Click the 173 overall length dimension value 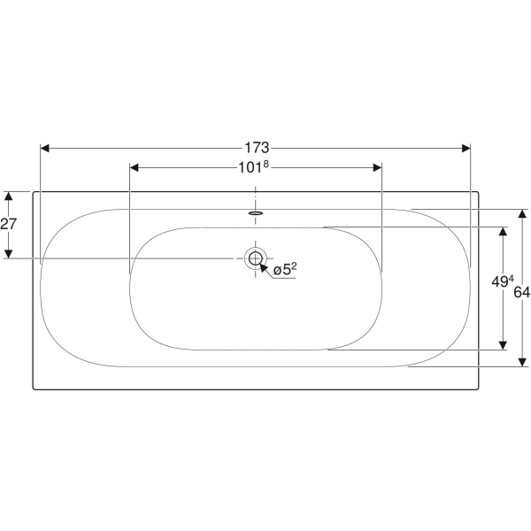click(x=256, y=147)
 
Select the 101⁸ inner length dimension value click(x=255, y=166)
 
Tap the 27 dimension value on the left click(x=9, y=224)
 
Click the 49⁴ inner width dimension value click(x=502, y=282)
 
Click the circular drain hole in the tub click(x=256, y=258)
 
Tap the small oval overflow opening click(x=256, y=212)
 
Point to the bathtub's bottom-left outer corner click(x=34, y=389)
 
